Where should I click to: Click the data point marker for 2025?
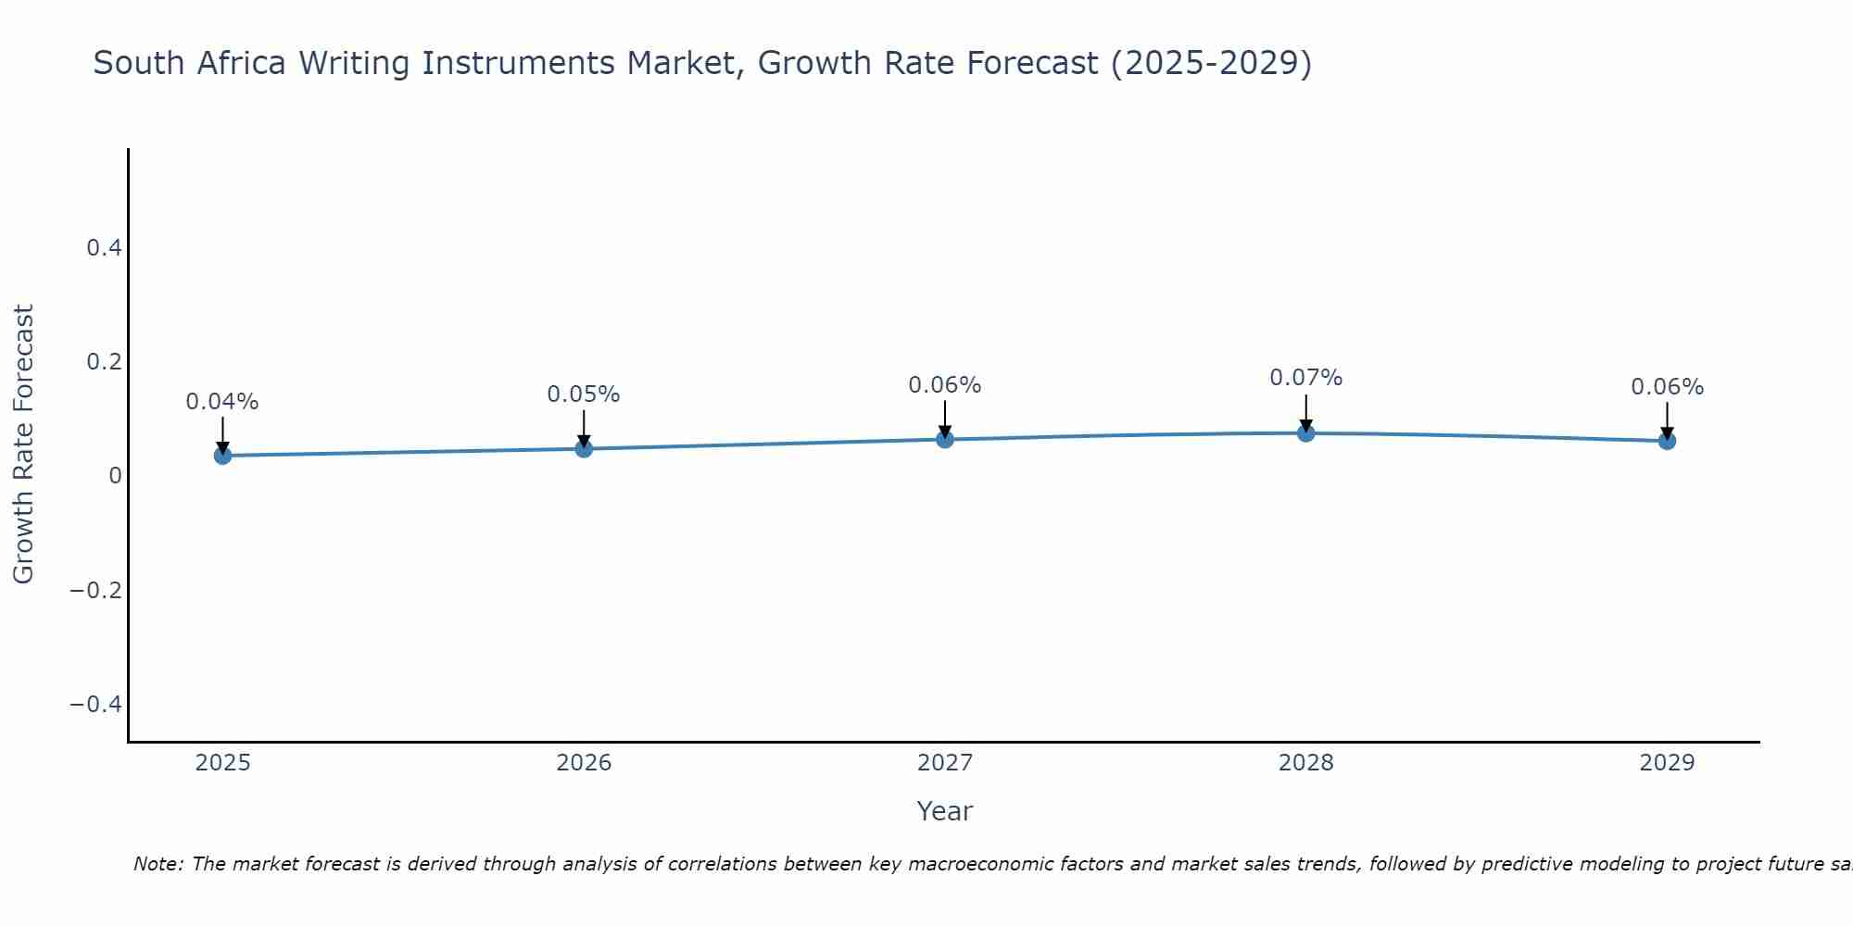click(222, 455)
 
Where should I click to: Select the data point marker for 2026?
click(584, 448)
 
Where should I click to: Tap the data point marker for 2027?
click(945, 439)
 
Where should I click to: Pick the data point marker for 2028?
click(1305, 432)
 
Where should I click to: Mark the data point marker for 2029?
click(1667, 441)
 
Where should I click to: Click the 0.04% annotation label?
click(222, 402)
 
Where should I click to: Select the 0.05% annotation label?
click(584, 394)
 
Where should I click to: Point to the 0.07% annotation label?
click(1305, 378)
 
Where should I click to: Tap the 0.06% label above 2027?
click(945, 385)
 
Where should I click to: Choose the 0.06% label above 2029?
click(1667, 387)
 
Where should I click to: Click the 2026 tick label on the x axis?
click(584, 763)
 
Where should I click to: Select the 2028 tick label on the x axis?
click(1305, 763)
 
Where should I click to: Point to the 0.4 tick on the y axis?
click(104, 247)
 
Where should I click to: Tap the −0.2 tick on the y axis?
click(95, 590)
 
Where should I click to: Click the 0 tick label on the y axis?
click(115, 475)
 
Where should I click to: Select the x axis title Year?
click(944, 811)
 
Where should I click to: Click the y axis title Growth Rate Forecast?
click(23, 444)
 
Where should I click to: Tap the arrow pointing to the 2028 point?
click(1305, 412)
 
